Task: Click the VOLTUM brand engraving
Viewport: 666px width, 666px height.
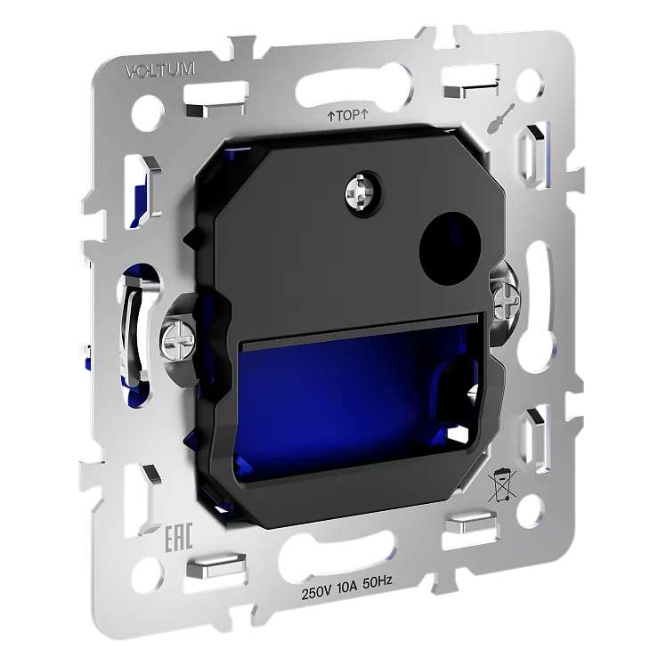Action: click(x=160, y=70)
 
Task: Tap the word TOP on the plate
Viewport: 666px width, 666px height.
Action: click(x=348, y=115)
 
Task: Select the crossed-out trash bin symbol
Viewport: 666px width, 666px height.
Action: click(x=502, y=484)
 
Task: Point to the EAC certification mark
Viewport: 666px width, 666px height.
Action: click(x=178, y=538)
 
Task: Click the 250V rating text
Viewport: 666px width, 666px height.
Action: click(x=316, y=592)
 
